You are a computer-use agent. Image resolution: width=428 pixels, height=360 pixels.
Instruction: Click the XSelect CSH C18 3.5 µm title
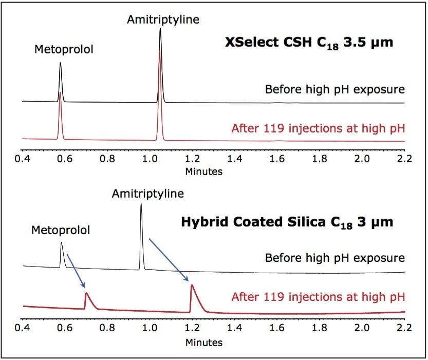[x=309, y=42]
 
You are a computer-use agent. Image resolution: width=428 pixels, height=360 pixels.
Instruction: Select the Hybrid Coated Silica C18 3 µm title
[x=287, y=222]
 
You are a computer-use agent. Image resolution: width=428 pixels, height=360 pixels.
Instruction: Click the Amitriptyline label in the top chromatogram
[x=163, y=20]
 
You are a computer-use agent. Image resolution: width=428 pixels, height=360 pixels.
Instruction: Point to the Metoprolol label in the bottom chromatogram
[x=61, y=230]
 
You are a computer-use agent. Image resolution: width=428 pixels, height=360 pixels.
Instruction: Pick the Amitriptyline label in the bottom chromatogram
[x=147, y=194]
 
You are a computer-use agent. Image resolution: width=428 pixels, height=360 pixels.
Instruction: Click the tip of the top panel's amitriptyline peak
[x=160, y=30]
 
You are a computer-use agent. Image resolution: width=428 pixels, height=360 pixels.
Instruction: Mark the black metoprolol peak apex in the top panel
[x=60, y=63]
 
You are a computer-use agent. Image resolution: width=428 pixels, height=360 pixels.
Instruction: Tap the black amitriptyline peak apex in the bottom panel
[x=141, y=204]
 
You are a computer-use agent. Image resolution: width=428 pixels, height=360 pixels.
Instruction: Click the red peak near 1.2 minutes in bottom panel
[x=192, y=286]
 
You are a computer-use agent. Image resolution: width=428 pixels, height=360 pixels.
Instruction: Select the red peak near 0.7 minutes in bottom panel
[x=86, y=293]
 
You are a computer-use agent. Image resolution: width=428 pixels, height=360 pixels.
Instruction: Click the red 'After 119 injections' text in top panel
[x=318, y=128]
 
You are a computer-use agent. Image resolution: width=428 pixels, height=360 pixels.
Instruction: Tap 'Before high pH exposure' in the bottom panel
[x=334, y=257]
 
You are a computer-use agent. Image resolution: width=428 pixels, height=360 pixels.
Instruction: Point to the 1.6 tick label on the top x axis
[x=277, y=158]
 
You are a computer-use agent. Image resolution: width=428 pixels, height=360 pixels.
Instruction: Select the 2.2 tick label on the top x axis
[x=404, y=158]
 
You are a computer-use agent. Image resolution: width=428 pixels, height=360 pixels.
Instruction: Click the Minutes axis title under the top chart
[x=204, y=171]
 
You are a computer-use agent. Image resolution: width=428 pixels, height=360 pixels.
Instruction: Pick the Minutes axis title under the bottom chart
[x=204, y=342]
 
